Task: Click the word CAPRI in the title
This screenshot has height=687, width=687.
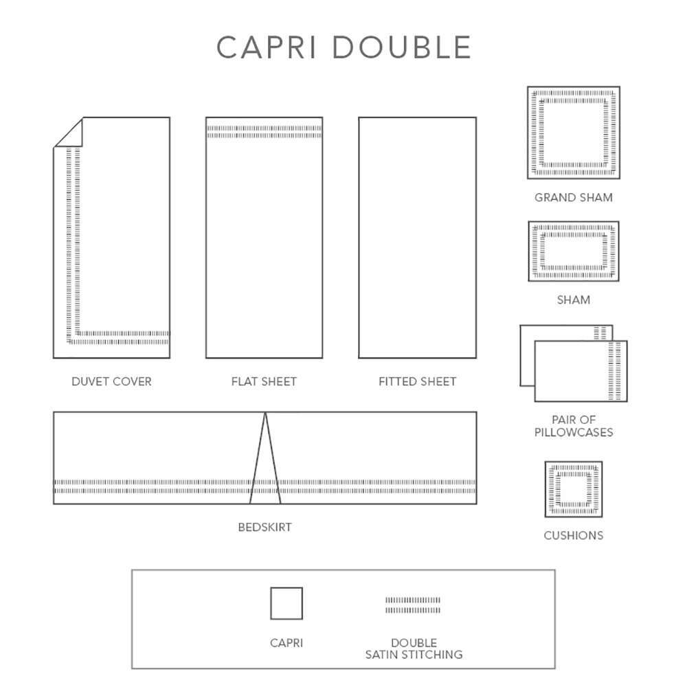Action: click(x=267, y=47)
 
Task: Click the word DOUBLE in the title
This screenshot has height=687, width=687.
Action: click(x=402, y=47)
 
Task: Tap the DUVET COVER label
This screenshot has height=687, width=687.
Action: click(x=111, y=381)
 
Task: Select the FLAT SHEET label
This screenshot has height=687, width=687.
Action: click(x=264, y=381)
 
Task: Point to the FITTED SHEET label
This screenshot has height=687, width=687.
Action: click(x=417, y=381)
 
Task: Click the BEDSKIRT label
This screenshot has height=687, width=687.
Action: click(x=264, y=527)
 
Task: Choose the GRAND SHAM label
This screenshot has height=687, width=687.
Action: click(x=574, y=198)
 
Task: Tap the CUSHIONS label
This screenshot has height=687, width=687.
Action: click(x=574, y=535)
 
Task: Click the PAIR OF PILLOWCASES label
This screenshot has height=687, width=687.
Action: click(x=574, y=426)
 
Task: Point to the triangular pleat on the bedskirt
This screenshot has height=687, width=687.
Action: click(x=265, y=458)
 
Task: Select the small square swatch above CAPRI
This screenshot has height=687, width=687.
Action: click(x=286, y=603)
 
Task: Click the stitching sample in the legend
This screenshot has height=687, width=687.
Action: click(x=413, y=605)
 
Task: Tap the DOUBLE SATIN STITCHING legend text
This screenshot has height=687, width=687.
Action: click(x=414, y=649)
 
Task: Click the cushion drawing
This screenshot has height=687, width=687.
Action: click(x=574, y=489)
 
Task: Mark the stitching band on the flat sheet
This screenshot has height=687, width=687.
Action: click(x=264, y=132)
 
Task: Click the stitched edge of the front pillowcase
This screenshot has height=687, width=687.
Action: click(x=615, y=371)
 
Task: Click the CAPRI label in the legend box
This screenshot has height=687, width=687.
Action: click(x=286, y=643)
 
